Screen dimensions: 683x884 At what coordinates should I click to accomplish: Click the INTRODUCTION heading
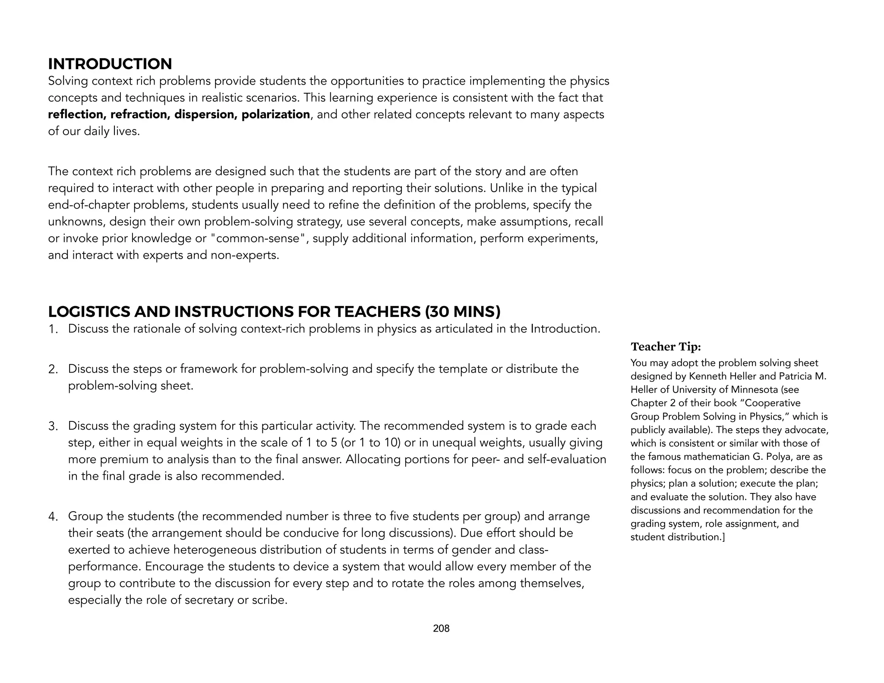pos(110,64)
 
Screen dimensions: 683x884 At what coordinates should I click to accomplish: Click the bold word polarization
pos(275,114)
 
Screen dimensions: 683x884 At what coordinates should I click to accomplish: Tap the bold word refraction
pos(140,114)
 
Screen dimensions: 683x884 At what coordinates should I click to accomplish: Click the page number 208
pos(441,629)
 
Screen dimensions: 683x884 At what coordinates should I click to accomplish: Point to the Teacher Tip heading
pos(666,347)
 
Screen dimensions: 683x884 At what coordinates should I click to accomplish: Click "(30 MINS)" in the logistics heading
pos(462,312)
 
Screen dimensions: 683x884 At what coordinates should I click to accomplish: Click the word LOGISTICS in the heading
pos(89,312)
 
